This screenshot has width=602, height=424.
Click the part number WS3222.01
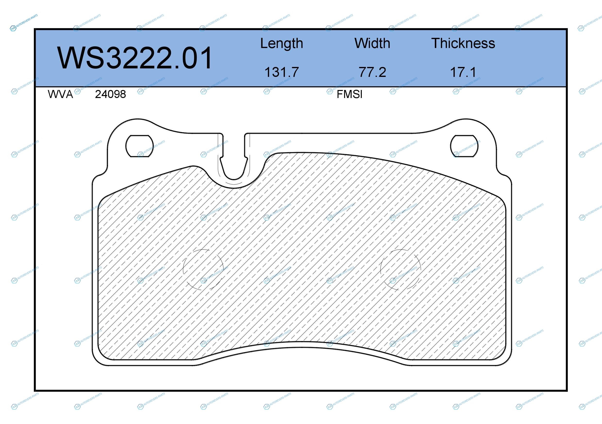(134, 58)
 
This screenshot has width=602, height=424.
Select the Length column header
(282, 43)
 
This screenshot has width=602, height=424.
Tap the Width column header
(372, 43)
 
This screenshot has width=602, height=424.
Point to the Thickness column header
(463, 43)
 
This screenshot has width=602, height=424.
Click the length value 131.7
(282, 72)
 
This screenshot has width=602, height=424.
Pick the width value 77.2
(372, 72)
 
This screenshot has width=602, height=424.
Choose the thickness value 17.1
(463, 72)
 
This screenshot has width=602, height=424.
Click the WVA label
(60, 94)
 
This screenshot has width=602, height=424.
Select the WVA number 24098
(110, 94)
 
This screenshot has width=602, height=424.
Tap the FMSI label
(349, 94)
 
